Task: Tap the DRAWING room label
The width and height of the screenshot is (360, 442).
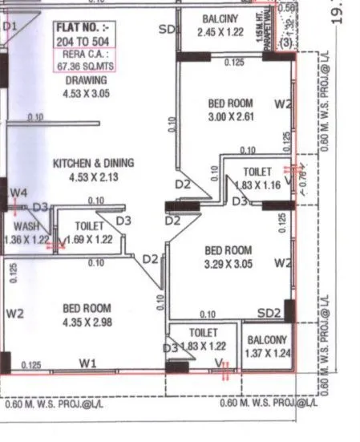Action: point(86,80)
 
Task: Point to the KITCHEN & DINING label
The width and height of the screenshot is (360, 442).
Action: point(94,163)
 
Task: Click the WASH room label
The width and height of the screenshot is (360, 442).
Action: point(26,227)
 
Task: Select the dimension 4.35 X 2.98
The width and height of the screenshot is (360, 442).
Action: point(87,322)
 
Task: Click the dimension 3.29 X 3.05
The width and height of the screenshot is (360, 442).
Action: point(228,262)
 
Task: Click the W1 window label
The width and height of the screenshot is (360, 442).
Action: point(88,363)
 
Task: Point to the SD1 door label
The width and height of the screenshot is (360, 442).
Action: point(168,30)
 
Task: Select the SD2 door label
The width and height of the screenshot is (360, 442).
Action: point(269,313)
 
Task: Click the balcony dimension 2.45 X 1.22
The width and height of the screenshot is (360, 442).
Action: point(221,32)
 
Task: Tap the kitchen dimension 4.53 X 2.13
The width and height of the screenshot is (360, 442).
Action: point(94,176)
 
